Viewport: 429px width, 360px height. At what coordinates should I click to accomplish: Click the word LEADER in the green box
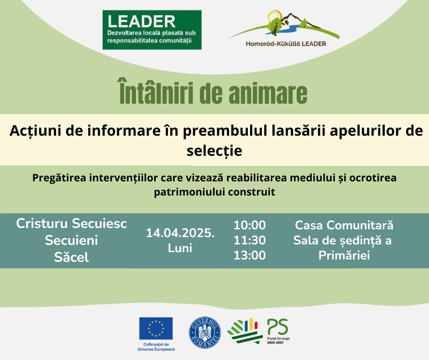141,21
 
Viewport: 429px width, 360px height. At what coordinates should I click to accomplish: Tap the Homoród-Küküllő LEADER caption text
286,44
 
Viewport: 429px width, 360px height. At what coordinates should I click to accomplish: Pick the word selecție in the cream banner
214,151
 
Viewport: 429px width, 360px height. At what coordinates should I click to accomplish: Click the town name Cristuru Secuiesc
71,223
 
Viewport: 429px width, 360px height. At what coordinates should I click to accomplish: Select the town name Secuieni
71,241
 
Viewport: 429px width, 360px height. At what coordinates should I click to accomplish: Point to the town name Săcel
71,257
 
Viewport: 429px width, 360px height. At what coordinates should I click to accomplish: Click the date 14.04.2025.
180,233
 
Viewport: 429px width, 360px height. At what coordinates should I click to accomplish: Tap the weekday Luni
180,248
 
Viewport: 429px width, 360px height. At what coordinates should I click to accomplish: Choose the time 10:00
250,225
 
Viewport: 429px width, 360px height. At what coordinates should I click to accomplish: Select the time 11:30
250,240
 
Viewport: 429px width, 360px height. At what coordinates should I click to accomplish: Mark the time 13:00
250,255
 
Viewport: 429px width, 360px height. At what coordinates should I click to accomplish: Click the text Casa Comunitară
344,225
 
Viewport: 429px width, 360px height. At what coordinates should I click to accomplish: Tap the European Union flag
156,328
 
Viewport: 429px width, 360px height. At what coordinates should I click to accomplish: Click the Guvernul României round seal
205,333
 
